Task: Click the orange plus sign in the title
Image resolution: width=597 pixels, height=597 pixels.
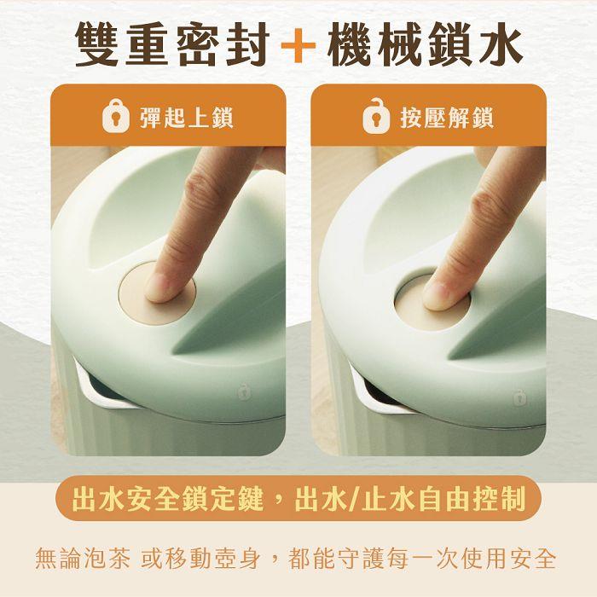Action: tap(298, 46)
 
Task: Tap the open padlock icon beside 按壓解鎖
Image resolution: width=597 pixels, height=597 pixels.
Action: tap(376, 116)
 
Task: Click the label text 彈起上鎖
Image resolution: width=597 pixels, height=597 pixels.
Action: tap(187, 118)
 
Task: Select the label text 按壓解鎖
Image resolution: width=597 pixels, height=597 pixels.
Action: tap(447, 118)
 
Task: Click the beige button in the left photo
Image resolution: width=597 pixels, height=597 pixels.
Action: tap(157, 293)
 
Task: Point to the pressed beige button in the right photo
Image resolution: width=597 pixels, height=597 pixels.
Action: tap(432, 301)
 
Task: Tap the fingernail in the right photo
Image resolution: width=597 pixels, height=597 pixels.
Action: tap(438, 295)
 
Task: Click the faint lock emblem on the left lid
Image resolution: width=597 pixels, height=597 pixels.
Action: tap(242, 391)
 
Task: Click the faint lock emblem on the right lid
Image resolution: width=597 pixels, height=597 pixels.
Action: tap(519, 398)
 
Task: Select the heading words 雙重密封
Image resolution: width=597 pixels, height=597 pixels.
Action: tap(172, 45)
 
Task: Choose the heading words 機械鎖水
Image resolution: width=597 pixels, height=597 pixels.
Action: tap(425, 45)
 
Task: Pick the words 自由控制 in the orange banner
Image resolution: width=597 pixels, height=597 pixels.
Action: tap(472, 499)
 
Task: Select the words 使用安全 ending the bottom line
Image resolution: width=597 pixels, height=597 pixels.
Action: tap(508, 559)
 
